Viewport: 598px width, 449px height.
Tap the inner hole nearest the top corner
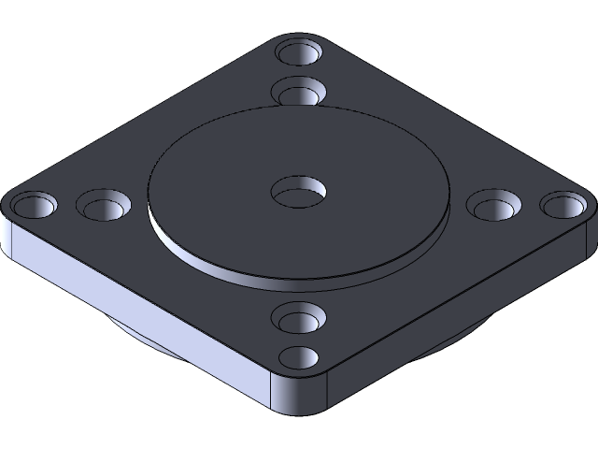(x=299, y=92)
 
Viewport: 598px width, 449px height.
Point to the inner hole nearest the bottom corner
(x=299, y=318)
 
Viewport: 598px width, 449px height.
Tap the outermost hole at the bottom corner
(x=299, y=356)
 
